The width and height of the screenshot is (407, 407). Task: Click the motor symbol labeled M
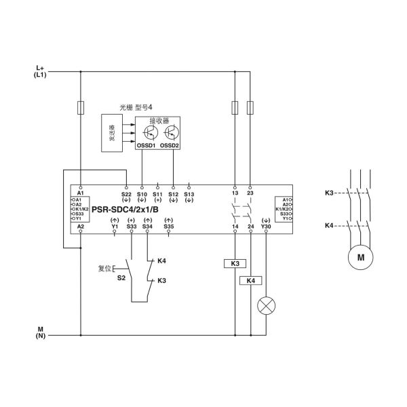click(360, 256)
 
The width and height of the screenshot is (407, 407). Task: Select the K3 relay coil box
click(235, 263)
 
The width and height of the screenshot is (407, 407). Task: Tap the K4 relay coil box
click(250, 280)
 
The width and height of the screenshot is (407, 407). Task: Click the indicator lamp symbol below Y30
click(265, 305)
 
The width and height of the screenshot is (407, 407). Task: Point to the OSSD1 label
click(147, 145)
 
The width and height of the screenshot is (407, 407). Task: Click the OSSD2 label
click(170, 145)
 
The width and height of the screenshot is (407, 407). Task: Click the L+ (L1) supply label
click(40, 71)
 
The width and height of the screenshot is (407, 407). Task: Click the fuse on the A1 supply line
click(81, 107)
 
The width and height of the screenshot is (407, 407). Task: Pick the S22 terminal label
click(125, 194)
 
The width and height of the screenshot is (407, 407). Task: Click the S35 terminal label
click(169, 226)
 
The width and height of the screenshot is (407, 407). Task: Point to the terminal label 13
click(235, 193)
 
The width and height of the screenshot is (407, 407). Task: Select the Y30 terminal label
click(266, 226)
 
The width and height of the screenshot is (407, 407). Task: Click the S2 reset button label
click(121, 277)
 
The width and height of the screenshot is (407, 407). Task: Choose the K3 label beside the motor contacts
click(329, 193)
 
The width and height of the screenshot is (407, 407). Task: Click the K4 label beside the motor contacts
click(329, 225)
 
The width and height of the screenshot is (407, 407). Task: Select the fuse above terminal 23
click(250, 107)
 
